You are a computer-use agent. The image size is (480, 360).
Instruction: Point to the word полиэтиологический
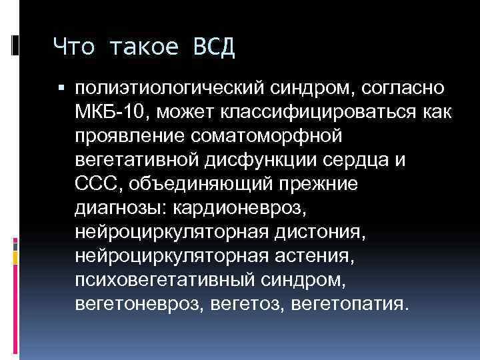tap(165, 89)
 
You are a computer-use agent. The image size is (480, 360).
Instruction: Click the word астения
tap(319, 256)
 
